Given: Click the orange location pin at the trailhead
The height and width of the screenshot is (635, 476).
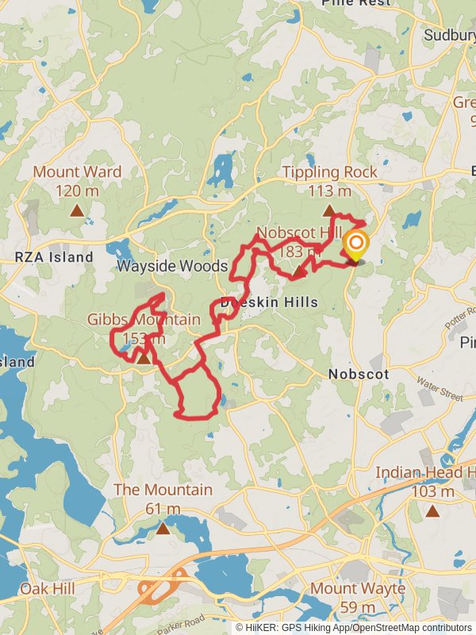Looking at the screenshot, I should click(x=355, y=245).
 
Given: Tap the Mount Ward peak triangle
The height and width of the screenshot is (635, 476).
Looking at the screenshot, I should click(x=77, y=210).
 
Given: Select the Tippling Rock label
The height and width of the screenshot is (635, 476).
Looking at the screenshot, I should click(x=330, y=172).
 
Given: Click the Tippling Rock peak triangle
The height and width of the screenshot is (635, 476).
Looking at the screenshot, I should click(x=328, y=210).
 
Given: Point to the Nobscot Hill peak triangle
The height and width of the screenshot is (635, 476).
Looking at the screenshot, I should click(x=298, y=272).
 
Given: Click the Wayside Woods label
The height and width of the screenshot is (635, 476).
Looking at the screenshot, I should click(x=172, y=266).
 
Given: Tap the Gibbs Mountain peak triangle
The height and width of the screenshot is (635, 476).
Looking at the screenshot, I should click(x=144, y=358).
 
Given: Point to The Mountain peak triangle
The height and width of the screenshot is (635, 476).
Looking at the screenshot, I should click(x=163, y=528).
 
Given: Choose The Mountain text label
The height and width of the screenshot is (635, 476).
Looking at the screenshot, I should click(x=163, y=490).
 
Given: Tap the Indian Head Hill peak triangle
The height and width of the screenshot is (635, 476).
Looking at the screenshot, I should click(x=432, y=510).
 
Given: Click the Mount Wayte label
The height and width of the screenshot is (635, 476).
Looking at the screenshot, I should click(x=357, y=589).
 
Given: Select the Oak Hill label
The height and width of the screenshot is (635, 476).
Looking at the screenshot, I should click(x=47, y=589).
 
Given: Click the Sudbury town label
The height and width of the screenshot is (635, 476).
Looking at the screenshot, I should click(x=448, y=35).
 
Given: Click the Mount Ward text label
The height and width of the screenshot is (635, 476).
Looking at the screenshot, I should click(x=77, y=172).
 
